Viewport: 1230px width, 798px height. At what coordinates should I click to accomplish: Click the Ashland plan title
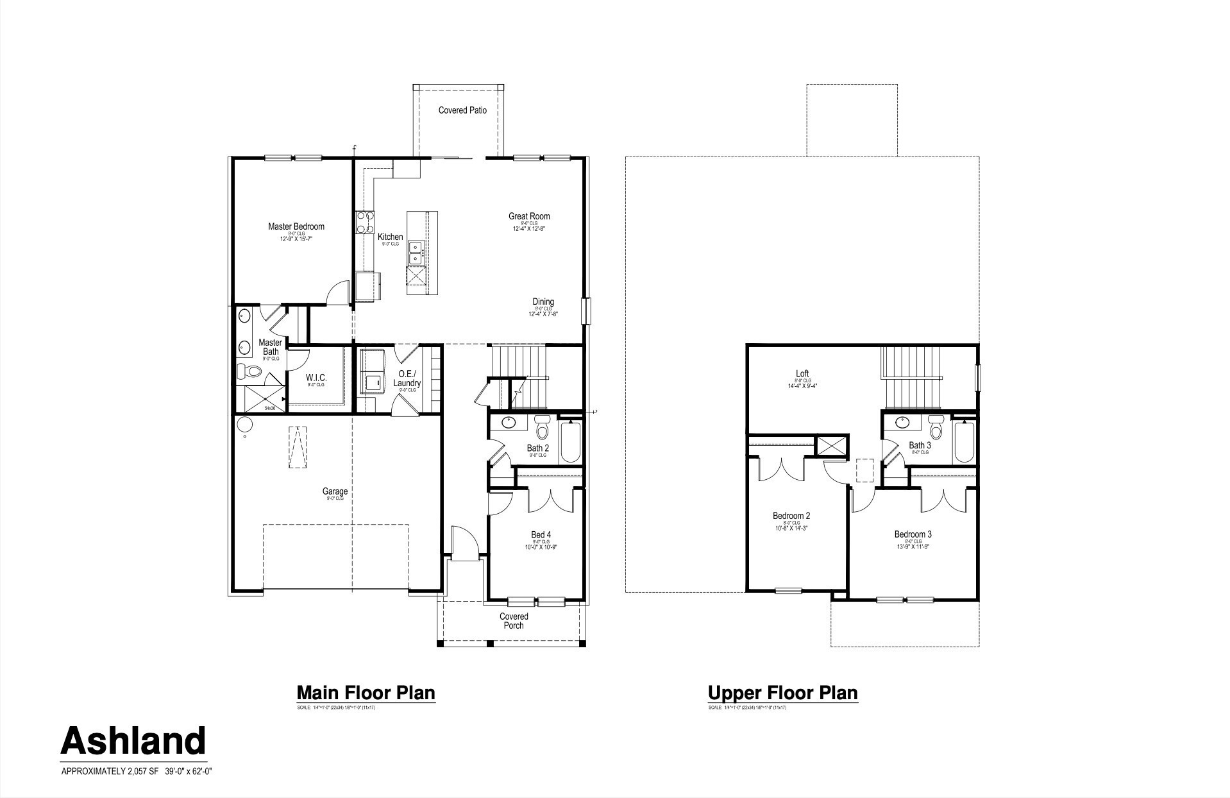(133, 741)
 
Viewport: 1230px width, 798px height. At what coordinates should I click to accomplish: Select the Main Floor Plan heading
(366, 693)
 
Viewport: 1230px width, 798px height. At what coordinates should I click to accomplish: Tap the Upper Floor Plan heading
(782, 693)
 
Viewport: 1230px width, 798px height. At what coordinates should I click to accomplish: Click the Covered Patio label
(462, 110)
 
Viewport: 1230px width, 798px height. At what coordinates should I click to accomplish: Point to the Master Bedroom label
(296, 226)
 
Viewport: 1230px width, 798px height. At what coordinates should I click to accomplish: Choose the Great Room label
(529, 216)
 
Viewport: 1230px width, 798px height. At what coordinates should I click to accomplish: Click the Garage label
(335, 492)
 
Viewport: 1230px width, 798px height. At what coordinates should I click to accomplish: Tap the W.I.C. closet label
(316, 377)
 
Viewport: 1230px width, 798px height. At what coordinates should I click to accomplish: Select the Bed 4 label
(541, 534)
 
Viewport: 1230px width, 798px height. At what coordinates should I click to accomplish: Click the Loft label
(802, 373)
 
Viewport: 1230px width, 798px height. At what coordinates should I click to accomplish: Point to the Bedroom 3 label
(913, 534)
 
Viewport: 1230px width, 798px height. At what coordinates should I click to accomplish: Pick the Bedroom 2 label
(791, 516)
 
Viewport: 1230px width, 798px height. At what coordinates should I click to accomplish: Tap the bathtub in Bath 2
(570, 442)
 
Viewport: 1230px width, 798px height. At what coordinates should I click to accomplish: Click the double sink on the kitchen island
(416, 251)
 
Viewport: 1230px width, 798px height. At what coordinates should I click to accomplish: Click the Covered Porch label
(514, 621)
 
